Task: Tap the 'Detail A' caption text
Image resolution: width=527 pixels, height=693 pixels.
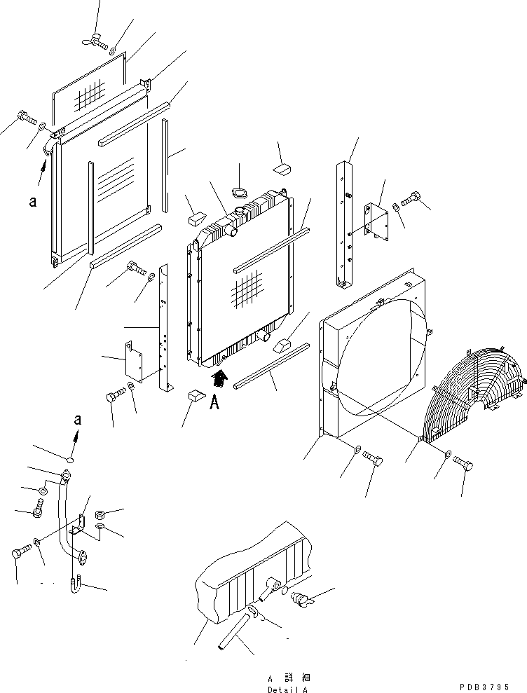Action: pyautogui.click(x=287, y=689)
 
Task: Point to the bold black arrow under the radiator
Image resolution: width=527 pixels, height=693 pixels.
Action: pyautogui.click(x=219, y=379)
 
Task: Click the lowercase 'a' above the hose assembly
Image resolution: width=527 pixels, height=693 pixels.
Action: pyautogui.click(x=77, y=420)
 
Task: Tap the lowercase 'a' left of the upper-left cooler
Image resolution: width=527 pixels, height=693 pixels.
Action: pyautogui.click(x=32, y=202)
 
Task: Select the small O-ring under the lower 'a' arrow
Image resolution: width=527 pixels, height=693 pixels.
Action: pyautogui.click(x=69, y=460)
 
